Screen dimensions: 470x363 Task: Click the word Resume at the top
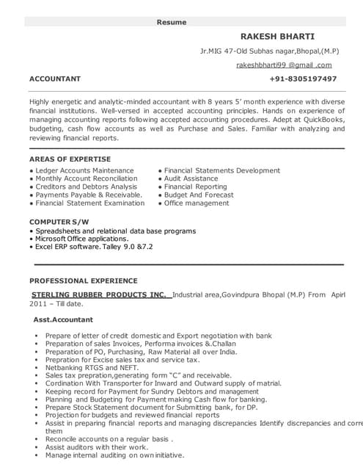point(172,22)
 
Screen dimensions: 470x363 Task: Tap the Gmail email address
point(285,65)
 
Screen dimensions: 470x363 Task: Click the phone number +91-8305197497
point(303,79)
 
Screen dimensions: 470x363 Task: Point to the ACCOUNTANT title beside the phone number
point(55,79)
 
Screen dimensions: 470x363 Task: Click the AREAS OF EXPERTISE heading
point(70,159)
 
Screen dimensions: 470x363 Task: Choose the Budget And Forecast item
point(199,195)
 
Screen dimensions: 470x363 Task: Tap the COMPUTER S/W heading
point(60,221)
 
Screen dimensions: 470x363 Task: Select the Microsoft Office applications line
point(82,239)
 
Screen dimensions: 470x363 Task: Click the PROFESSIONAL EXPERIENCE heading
point(83,281)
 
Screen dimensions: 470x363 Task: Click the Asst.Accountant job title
point(64,320)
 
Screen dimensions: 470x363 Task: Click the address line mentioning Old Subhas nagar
point(268,51)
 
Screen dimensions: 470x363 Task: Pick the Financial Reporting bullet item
point(195,187)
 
